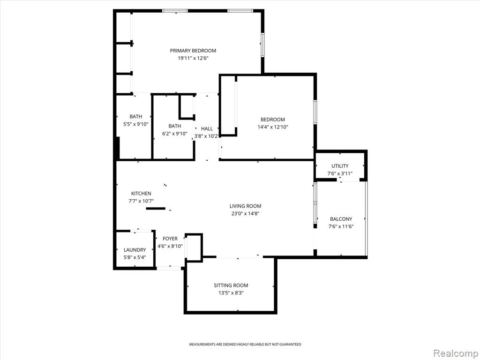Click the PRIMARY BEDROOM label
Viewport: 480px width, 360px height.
[193, 51]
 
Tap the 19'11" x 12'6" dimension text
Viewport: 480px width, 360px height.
[193, 58]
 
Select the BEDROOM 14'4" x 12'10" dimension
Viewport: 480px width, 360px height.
[272, 127]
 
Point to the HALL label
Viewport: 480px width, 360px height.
[207, 129]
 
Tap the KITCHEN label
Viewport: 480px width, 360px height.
[141, 194]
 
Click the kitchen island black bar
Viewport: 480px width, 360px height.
[156, 209]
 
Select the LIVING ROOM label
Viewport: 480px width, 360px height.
[245, 206]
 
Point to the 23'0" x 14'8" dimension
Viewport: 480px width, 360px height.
[245, 214]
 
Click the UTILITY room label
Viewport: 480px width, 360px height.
[340, 166]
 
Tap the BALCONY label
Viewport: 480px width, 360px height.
[341, 219]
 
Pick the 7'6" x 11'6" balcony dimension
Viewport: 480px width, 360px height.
[341, 226]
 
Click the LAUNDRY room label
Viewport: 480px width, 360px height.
[135, 250]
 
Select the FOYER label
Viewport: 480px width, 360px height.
[170, 239]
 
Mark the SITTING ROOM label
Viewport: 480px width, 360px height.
[231, 285]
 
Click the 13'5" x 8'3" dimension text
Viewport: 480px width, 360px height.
[231, 293]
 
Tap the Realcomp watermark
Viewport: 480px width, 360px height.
[456, 353]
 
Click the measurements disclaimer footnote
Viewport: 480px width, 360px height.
[245, 345]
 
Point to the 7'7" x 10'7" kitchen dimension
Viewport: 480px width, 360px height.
[141, 201]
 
